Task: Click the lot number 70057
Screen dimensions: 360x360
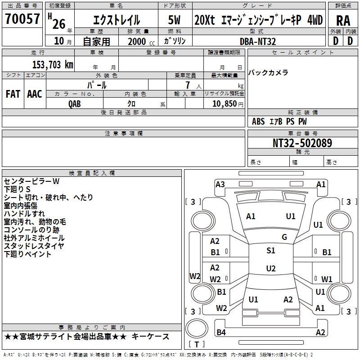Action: [22, 18]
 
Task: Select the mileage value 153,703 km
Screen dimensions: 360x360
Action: [53, 65]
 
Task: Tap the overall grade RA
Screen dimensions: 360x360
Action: [343, 20]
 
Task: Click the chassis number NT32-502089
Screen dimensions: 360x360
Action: [302, 143]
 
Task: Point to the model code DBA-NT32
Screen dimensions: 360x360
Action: [258, 41]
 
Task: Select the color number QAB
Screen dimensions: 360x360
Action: [75, 104]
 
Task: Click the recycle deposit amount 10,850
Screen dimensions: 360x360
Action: [225, 103]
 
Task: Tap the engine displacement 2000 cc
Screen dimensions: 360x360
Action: [141, 41]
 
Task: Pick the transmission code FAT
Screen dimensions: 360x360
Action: [13, 94]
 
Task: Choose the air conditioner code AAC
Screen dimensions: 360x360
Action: [35, 94]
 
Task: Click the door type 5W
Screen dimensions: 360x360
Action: [174, 20]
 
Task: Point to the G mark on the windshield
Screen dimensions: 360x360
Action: [284, 237]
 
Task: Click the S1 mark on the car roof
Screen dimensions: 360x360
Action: [271, 251]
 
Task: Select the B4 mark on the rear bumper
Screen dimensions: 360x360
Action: [221, 332]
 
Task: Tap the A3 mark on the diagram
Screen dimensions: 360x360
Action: [220, 184]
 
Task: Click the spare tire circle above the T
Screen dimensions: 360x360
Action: [197, 328]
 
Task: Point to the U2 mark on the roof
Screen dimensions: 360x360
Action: [271, 268]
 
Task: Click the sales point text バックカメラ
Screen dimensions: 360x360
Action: [268, 73]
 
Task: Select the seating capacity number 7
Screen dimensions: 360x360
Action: [188, 85]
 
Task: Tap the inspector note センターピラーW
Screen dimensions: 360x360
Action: [31, 181]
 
